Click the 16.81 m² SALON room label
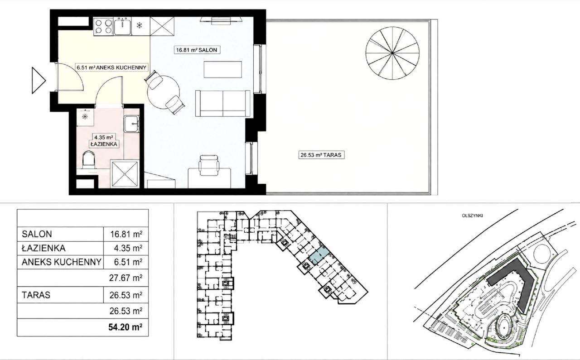[x=197, y=50]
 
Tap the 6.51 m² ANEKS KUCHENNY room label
[x=111, y=67]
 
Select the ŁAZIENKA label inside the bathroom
[x=104, y=144]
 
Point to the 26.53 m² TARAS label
[x=321, y=155]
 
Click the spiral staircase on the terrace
[x=392, y=53]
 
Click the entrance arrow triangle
[x=39, y=80]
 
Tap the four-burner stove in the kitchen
[x=103, y=27]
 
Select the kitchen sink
[x=122, y=26]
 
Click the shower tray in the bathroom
[x=125, y=174]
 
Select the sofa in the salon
[x=222, y=104]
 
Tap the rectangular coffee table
[x=222, y=69]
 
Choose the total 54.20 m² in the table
[x=126, y=327]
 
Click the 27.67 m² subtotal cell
[x=126, y=278]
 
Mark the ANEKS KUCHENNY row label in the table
[x=61, y=262]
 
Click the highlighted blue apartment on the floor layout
[x=319, y=259]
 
